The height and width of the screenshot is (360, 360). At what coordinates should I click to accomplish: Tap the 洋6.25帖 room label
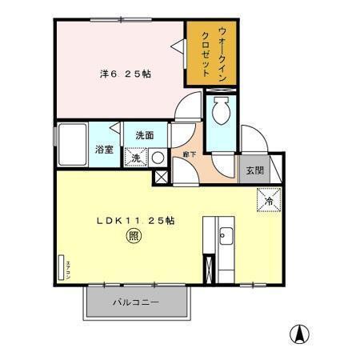[126, 74]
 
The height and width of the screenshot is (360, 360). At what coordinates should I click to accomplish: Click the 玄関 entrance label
[254, 169]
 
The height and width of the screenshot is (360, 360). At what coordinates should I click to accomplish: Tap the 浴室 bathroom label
[104, 150]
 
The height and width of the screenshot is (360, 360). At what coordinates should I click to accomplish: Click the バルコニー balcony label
[134, 304]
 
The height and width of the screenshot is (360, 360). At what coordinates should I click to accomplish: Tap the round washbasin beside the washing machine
[158, 157]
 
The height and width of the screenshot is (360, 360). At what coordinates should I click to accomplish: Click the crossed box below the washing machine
[161, 178]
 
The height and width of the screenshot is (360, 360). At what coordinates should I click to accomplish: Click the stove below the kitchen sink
[210, 267]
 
